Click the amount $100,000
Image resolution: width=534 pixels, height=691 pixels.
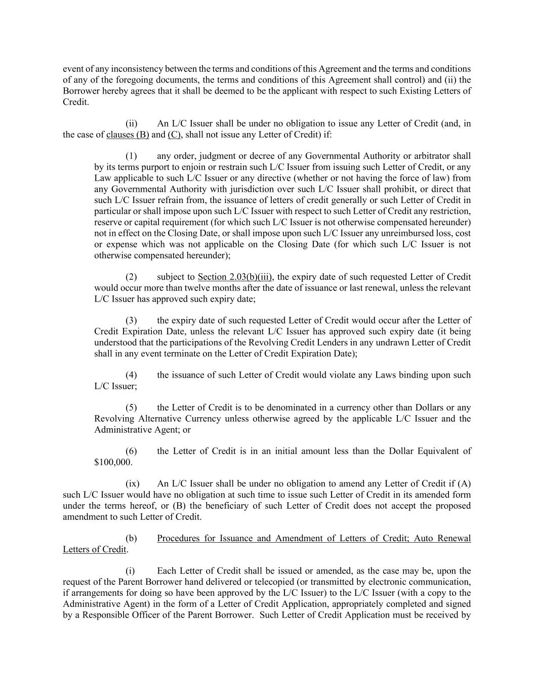click(113, 462)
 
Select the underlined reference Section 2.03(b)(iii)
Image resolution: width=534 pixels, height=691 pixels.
click(235, 277)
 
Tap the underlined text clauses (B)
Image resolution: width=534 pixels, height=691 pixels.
click(128, 135)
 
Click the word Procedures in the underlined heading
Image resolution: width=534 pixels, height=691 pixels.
click(179, 538)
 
